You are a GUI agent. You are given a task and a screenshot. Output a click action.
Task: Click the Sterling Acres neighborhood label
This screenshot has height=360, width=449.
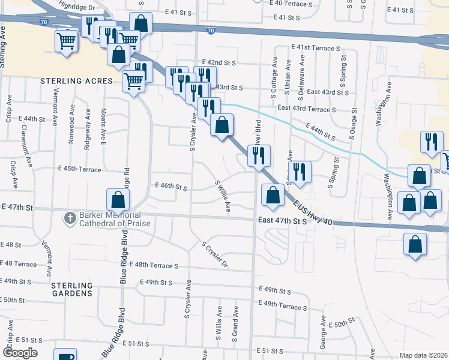point(76,80)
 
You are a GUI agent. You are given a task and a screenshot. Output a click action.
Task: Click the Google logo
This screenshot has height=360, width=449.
point(19,352)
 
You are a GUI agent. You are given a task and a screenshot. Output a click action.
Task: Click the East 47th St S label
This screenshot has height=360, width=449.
point(283,221)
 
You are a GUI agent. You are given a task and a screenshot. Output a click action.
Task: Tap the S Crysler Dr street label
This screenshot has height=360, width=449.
point(215,256)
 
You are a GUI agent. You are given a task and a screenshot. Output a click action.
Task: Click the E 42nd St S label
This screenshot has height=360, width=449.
point(220,62)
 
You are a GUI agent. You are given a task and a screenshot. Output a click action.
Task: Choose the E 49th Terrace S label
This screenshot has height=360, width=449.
point(283,305)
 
